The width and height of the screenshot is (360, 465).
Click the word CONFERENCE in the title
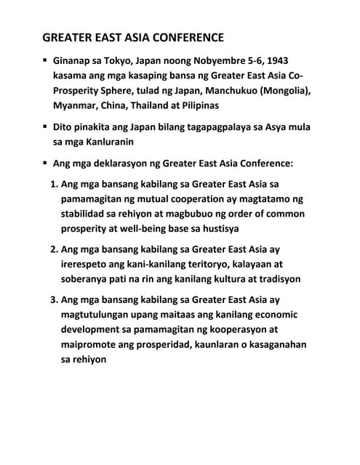[175, 37]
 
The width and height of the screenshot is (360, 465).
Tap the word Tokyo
[127, 60]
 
